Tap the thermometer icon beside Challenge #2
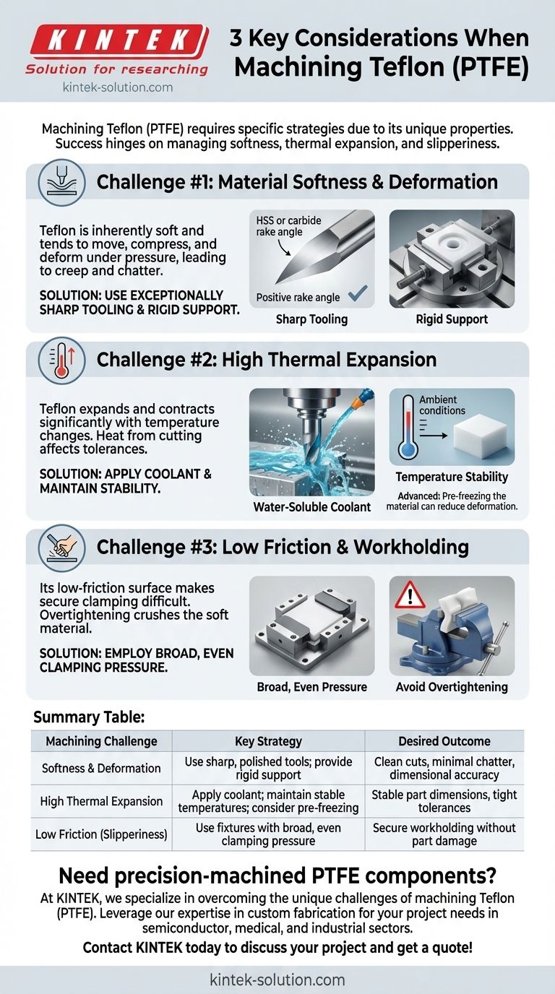61,360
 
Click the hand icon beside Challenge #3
61,548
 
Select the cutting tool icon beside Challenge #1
61,183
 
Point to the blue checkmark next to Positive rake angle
358,293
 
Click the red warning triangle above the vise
410,595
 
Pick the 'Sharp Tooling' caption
311,319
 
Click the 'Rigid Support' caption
452,319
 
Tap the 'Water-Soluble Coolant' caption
311,507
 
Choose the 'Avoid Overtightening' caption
452,687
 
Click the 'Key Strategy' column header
268,741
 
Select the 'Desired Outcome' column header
444,741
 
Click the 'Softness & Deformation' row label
101,768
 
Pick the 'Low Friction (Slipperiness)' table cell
101,834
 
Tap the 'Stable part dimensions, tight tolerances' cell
444,801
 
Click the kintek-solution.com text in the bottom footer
277,980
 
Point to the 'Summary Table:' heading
89,717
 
